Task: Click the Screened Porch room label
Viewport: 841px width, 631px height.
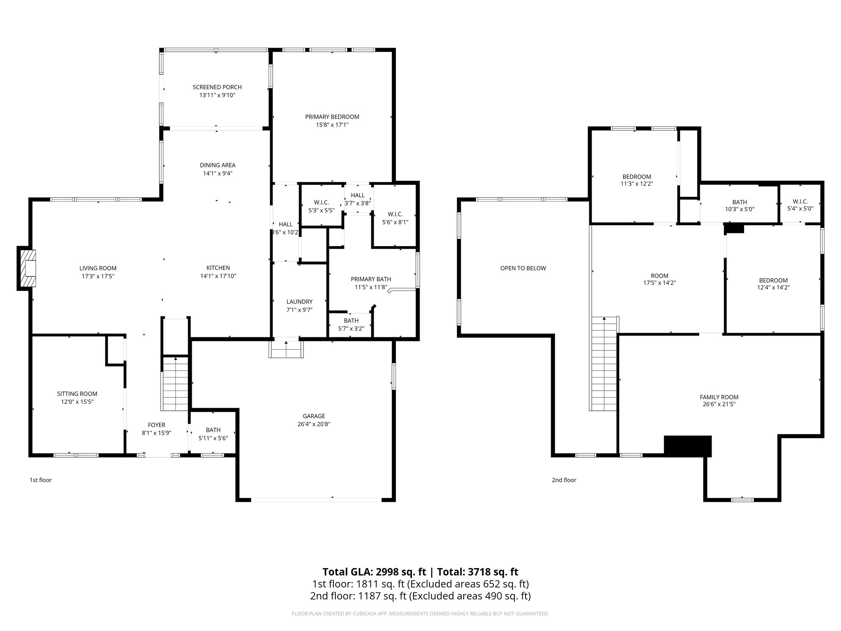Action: tap(217, 87)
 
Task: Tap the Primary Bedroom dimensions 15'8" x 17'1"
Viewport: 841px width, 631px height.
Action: tap(332, 125)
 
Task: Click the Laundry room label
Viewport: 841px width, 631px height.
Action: tap(299, 302)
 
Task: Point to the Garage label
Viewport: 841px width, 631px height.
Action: tap(314, 416)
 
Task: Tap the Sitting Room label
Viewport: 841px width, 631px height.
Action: tap(77, 394)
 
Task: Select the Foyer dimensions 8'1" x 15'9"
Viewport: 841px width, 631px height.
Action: tap(156, 433)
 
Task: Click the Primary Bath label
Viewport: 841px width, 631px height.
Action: tap(371, 279)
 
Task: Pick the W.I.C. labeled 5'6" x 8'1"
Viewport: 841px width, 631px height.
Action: tap(395, 218)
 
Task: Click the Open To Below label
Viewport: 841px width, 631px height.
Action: tap(523, 268)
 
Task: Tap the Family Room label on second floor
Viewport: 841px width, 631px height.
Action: tap(719, 397)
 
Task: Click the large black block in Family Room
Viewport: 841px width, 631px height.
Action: tap(687, 446)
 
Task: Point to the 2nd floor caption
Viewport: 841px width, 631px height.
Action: tap(564, 480)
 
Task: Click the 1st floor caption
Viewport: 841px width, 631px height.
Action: tap(40, 480)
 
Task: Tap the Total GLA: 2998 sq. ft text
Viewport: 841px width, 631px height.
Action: tap(375, 572)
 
